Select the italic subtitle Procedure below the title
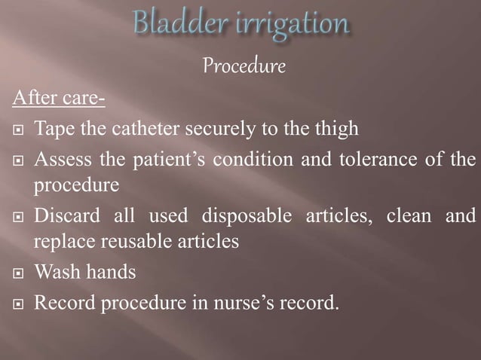coord(244,67)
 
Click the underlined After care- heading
coord(51,98)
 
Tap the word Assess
coord(65,161)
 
